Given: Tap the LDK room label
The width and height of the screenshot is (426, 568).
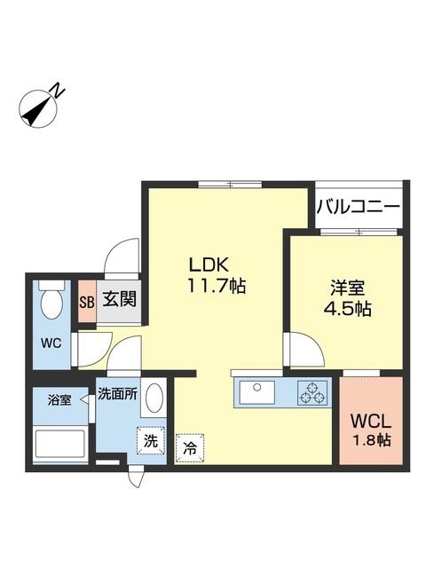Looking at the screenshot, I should coord(209,264).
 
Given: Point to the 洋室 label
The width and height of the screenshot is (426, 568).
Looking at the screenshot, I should coord(347,288).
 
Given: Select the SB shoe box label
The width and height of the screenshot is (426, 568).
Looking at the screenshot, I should coord(86,300).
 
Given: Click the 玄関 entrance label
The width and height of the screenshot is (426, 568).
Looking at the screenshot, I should coord(118,299).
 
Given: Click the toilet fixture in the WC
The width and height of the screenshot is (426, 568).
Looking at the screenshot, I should coord(51,302).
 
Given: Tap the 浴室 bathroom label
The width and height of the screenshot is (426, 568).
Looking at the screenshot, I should coord(60,400).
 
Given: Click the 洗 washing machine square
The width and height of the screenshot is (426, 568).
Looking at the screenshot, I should coord(150,438).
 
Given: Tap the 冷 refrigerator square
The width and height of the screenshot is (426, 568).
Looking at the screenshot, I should coord(188,448).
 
